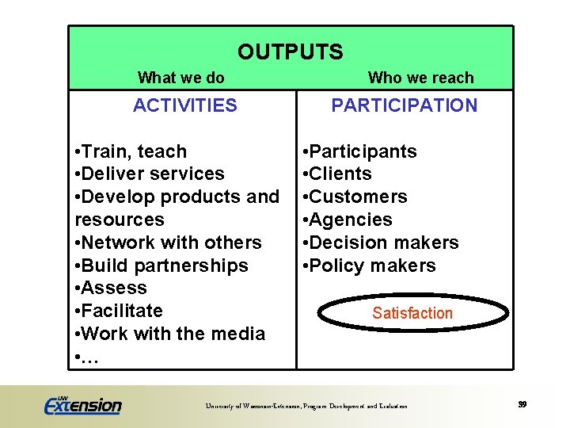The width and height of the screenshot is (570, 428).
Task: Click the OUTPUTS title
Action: click(290, 52)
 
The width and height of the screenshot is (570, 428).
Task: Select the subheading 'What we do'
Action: click(180, 78)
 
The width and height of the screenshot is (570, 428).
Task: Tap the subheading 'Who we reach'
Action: click(420, 78)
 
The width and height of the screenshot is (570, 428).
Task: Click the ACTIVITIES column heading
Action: click(184, 105)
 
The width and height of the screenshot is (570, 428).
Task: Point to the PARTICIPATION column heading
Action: click(404, 105)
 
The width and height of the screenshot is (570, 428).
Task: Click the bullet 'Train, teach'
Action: click(131, 151)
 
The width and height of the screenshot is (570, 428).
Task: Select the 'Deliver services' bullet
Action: click(150, 174)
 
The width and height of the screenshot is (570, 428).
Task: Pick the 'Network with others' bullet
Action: click(168, 243)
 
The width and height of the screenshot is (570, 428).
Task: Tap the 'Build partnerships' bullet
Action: click(161, 266)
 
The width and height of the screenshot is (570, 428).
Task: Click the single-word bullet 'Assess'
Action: click(111, 288)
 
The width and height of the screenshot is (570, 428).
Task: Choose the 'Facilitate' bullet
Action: click(119, 311)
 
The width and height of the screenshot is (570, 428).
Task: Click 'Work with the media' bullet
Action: click(169, 334)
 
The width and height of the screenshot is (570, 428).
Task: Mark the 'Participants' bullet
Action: click(360, 151)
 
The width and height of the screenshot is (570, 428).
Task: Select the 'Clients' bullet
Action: click(338, 174)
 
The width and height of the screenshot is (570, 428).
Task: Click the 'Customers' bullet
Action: click(355, 197)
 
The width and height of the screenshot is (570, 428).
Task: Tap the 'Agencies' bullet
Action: click(348, 220)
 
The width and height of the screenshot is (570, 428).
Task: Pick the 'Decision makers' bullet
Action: click(382, 243)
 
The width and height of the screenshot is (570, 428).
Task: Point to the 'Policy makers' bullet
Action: click(370, 266)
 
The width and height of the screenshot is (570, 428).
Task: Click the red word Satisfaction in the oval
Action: click(412, 313)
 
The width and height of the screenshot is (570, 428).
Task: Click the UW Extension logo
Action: click(83, 404)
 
